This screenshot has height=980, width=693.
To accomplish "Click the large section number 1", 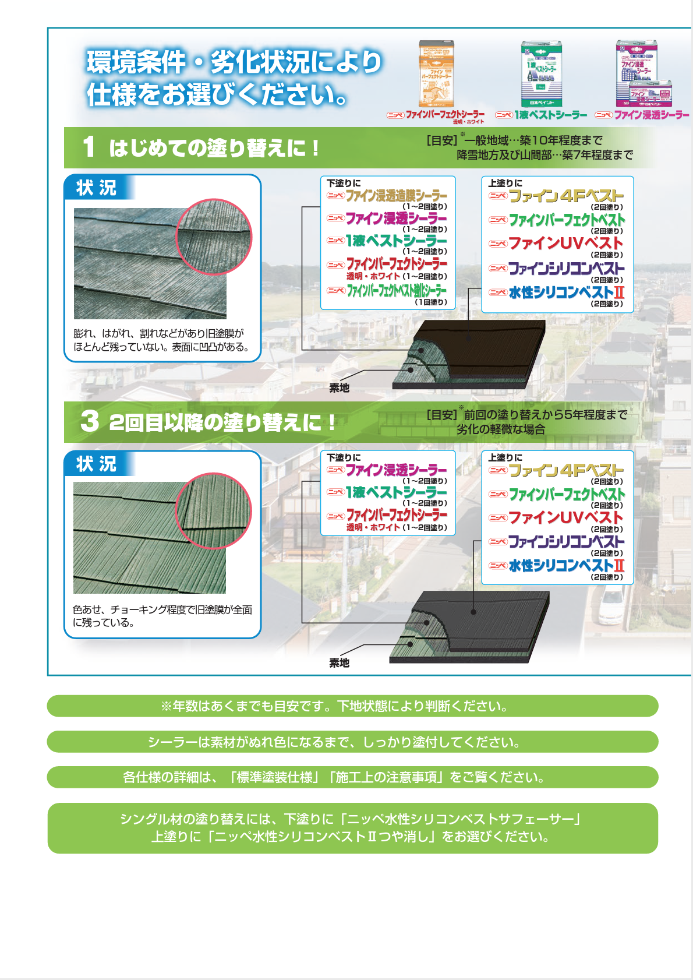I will click(89, 147).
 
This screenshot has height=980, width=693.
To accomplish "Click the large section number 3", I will click(90, 421).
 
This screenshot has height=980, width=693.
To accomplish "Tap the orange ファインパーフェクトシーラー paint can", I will click(437, 74).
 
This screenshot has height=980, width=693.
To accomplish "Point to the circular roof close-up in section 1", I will click(214, 237).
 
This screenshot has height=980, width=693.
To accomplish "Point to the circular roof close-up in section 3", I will click(214, 511).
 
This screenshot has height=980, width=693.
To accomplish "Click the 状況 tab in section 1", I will click(97, 188).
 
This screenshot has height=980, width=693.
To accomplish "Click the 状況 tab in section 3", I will click(97, 464).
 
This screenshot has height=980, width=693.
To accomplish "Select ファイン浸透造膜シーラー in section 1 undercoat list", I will click(396, 196).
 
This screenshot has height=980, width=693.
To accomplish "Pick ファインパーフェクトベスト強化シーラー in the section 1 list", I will click(397, 290).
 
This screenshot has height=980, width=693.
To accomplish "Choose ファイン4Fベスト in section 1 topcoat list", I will click(565, 196).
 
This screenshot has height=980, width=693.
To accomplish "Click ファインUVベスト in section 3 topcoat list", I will click(565, 517).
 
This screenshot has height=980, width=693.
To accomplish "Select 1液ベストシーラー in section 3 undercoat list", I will click(396, 492).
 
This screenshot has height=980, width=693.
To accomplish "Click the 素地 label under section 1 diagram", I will click(339, 388).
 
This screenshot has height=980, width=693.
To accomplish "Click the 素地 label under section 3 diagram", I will click(339, 663).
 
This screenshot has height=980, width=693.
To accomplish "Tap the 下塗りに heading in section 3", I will click(344, 457).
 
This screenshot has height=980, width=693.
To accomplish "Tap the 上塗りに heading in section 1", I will click(505, 183).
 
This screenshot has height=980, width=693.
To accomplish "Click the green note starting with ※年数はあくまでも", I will click(352, 706).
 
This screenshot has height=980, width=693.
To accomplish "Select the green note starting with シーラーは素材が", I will click(352, 742).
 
